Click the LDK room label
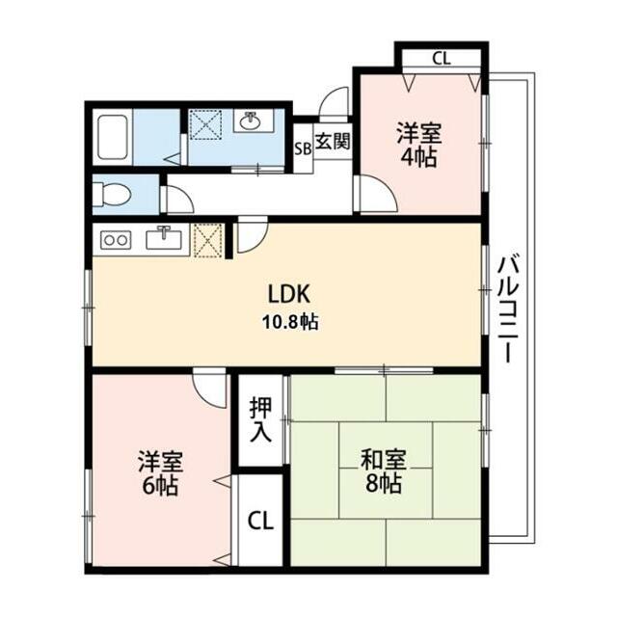[x=289, y=293]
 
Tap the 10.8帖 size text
[x=290, y=322]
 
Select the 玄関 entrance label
[x=333, y=141]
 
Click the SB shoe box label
[x=304, y=148]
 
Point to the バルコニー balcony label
[x=508, y=308]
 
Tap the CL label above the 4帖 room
[x=442, y=59]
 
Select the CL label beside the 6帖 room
[x=260, y=521]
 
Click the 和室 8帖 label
[x=384, y=471]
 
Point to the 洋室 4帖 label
[x=419, y=145]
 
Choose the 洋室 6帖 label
[x=161, y=473]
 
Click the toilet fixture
[x=112, y=195]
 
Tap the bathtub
[x=113, y=137]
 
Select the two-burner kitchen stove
[x=116, y=240]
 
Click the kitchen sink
[x=164, y=238]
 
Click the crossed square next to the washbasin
[x=205, y=124]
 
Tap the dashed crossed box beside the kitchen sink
[x=208, y=241]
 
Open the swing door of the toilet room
[x=177, y=200]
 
